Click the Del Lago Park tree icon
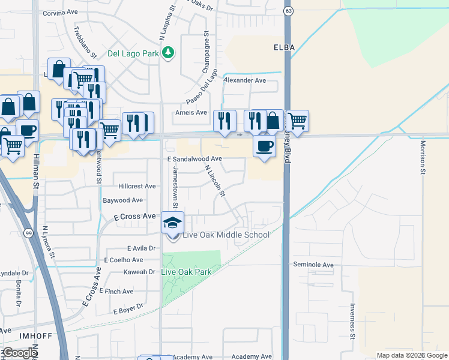click(x=169, y=53)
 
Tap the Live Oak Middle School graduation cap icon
click(x=172, y=223)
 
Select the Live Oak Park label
click(x=187, y=272)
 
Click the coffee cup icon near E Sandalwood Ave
click(x=264, y=146)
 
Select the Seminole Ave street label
click(x=313, y=265)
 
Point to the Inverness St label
click(x=352, y=328)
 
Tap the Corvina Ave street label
click(x=61, y=12)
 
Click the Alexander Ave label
click(x=244, y=80)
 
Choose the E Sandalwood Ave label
click(x=195, y=159)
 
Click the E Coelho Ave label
click(x=124, y=260)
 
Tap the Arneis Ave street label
click(x=191, y=112)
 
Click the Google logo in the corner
click(x=19, y=353)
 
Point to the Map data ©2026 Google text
click(x=412, y=355)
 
